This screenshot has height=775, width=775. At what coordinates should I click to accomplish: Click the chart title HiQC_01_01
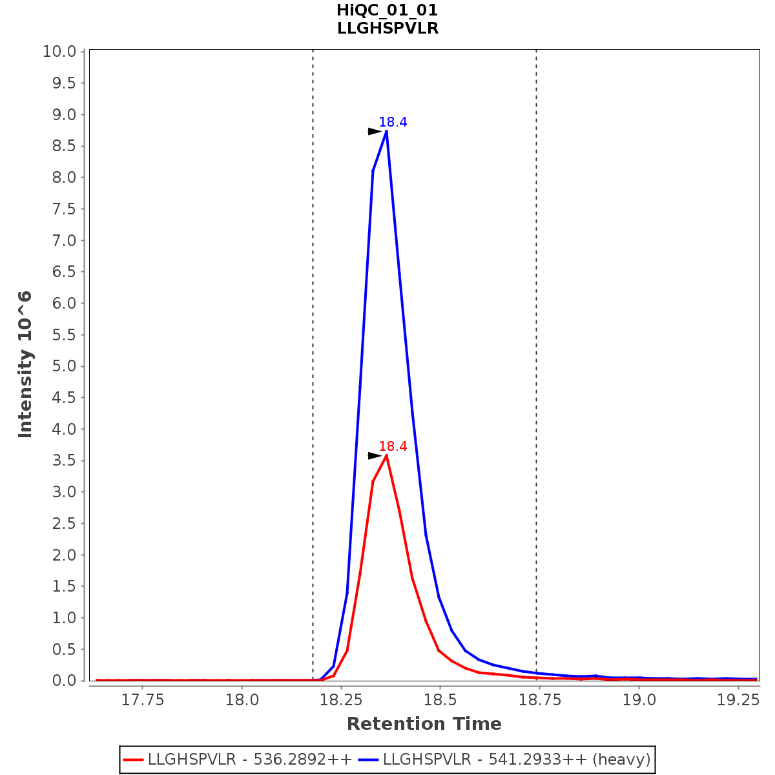[387, 10]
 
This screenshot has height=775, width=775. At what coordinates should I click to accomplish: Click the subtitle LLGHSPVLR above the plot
[387, 28]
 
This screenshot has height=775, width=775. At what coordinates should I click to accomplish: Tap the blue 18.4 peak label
[393, 122]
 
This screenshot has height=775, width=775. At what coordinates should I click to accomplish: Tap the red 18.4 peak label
[393, 446]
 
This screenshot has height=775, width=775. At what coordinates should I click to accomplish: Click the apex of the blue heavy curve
[386, 131]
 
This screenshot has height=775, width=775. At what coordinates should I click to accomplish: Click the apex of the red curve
[386, 455]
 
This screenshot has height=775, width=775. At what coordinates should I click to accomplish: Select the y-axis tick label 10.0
[59, 52]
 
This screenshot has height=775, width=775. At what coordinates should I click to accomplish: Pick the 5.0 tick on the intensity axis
[63, 366]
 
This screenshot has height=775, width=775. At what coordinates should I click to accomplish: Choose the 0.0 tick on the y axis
[63, 681]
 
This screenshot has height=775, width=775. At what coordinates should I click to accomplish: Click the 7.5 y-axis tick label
[63, 209]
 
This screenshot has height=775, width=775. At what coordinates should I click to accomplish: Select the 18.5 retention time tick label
[439, 700]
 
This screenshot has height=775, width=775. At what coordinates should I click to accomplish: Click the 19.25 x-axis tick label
[738, 700]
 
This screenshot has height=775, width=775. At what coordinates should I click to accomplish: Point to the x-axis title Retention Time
[424, 724]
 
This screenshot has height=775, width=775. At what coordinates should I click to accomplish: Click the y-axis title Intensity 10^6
[25, 365]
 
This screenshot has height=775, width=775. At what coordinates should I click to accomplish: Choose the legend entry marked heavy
[517, 759]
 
